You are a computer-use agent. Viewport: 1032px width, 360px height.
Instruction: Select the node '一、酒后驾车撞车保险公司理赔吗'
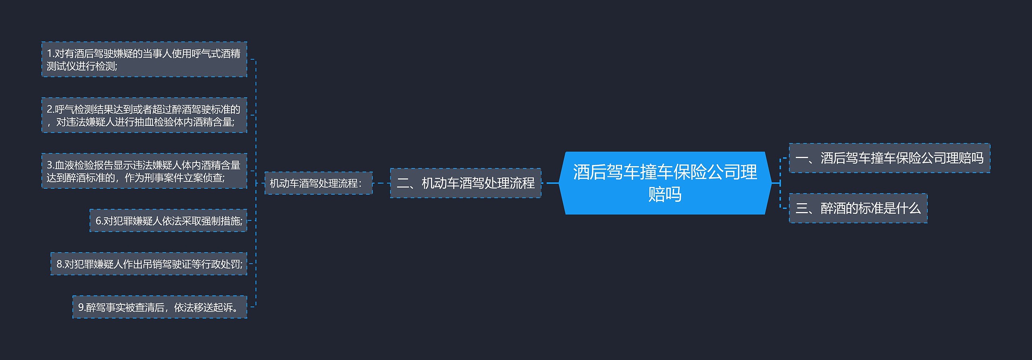click(x=889, y=158)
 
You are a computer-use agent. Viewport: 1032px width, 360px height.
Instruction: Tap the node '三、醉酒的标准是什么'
click(x=858, y=208)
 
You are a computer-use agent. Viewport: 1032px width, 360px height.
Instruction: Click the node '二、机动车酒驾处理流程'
click(x=466, y=183)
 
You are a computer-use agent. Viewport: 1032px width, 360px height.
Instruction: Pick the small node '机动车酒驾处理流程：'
click(x=318, y=183)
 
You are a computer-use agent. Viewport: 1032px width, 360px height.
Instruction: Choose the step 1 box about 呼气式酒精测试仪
click(x=144, y=59)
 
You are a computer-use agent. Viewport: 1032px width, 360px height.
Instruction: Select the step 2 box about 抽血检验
click(x=144, y=115)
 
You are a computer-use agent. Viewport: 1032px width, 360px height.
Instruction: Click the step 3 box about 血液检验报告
click(x=144, y=171)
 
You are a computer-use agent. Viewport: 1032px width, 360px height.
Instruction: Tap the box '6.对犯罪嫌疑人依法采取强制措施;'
click(x=168, y=221)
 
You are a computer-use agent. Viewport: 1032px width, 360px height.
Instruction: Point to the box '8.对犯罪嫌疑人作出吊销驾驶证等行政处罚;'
click(x=149, y=264)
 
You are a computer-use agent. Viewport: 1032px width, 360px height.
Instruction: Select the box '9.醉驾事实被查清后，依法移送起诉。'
click(x=160, y=307)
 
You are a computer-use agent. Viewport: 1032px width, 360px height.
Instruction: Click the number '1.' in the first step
click(x=50, y=54)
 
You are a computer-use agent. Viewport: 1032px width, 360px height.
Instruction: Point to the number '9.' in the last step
click(x=81, y=308)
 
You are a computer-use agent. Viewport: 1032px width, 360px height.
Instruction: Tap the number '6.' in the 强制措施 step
click(x=99, y=221)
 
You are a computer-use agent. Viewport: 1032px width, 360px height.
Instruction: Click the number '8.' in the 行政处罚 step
click(x=60, y=264)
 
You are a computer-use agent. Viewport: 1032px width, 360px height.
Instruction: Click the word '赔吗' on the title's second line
click(x=665, y=194)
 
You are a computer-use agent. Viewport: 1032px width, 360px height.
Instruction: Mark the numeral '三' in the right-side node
click(x=801, y=208)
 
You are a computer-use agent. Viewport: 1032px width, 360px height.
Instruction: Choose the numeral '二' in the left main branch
click(x=403, y=183)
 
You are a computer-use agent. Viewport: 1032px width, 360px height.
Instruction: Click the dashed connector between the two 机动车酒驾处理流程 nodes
click(x=381, y=183)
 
